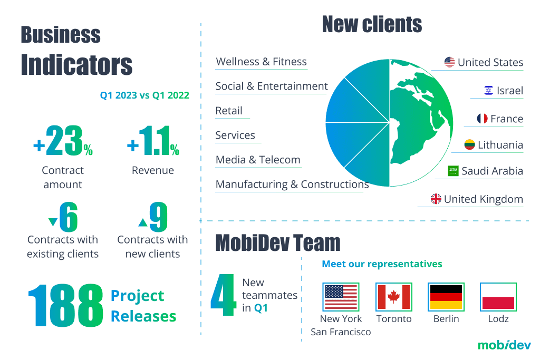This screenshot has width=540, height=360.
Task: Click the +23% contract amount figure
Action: [x=63, y=141]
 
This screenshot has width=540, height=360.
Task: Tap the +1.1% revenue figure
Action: [x=153, y=141]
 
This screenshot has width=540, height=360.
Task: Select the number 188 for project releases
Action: [x=65, y=305]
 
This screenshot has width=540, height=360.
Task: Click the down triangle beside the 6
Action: [x=53, y=222]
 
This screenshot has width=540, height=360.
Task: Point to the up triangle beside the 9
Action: [x=142, y=222]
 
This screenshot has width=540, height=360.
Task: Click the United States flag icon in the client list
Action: [x=449, y=62]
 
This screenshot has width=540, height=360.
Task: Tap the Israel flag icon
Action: [x=488, y=91]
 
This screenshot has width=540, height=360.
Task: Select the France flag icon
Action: [x=482, y=119]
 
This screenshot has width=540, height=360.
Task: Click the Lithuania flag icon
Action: [x=469, y=144]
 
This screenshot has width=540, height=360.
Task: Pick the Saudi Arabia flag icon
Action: [x=453, y=171]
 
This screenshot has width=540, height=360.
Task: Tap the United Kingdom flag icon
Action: [x=436, y=199]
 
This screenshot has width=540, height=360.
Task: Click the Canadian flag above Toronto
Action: [x=393, y=297]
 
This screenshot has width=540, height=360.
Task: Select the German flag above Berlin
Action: [x=446, y=297]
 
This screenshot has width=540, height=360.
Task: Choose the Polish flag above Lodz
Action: [x=498, y=297]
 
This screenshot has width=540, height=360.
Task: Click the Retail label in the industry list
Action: [x=229, y=111]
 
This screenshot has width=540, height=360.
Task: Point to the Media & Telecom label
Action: [x=258, y=160]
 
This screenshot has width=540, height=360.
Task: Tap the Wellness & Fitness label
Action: [x=261, y=62]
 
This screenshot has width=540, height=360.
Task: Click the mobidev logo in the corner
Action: [x=504, y=345]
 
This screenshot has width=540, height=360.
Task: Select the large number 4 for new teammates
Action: [x=224, y=295]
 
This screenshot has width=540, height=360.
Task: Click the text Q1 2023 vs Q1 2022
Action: [x=144, y=95]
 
